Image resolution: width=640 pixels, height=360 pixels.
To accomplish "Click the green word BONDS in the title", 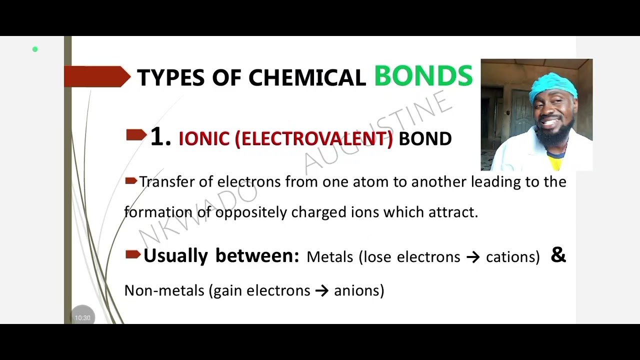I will tap(423, 76).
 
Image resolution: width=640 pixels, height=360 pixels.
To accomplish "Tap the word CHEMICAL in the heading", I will tap(307, 78).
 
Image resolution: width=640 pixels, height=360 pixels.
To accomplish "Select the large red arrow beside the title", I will tap(97, 76).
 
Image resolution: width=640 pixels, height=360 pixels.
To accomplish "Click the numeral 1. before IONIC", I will tap(160, 136).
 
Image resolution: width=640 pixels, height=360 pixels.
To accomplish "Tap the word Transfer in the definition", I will tap(166, 181).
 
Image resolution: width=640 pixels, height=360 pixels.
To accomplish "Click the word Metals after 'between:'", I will tap(329, 257).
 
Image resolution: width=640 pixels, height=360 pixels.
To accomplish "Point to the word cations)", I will tap(513, 257).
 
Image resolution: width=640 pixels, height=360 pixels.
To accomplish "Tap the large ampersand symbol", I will tap(558, 255).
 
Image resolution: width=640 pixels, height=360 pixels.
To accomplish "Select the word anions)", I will tap(359, 290).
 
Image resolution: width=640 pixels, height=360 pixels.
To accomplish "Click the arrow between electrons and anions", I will tap(322, 290).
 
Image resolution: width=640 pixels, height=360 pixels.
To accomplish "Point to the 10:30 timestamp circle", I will tap(82, 317).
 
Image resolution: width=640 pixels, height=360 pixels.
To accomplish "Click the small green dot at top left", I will tap(35, 49).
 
